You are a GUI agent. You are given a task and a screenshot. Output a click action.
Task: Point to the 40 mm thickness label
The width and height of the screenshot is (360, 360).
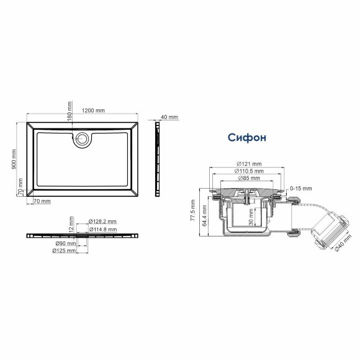tap(169, 117)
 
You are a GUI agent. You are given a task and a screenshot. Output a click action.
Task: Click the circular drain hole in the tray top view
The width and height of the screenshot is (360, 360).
tap(80, 139)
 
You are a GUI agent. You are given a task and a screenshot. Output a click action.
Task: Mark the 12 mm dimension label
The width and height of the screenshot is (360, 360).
tap(73, 223)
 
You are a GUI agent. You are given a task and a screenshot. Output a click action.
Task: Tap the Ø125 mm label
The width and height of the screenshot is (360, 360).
tap(64, 251)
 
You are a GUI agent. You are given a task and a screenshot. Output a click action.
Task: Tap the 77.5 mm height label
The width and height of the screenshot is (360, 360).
tap(193, 211)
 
